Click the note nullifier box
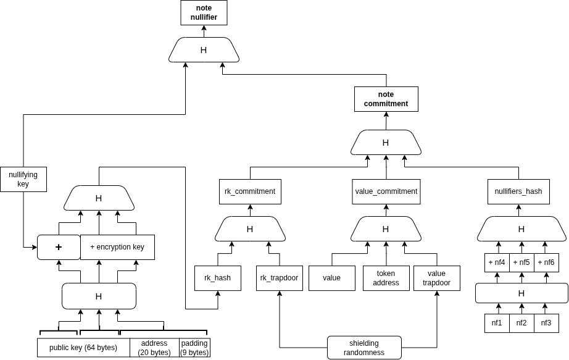(204, 12)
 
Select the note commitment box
(386, 99)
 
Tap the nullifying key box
(23, 179)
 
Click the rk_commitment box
(250, 191)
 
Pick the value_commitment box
(386, 191)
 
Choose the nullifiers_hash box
(518, 191)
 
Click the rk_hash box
(218, 278)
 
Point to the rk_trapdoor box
(279, 278)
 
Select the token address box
(385, 278)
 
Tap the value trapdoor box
(436, 278)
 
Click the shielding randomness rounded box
(363, 348)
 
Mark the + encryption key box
(117, 247)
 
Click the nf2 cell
(521, 322)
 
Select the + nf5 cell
(521, 262)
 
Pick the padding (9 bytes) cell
(194, 348)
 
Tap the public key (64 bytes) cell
(83, 348)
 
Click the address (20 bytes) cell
(154, 348)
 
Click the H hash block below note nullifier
(204, 50)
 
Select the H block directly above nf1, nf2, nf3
(521, 293)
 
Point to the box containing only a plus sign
(59, 247)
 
